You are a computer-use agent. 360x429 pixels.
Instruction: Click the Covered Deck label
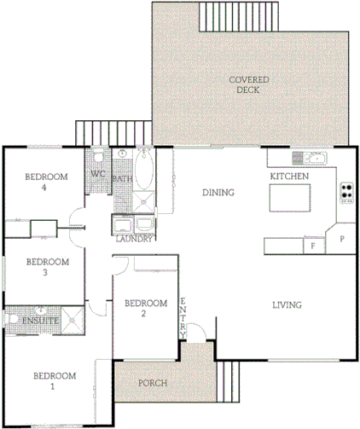249,84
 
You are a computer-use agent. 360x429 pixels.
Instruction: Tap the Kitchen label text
289,176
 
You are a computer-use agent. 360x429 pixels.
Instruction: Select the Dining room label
218,193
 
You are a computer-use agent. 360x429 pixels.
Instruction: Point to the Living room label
288,305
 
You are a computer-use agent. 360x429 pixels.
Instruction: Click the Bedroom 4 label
46,183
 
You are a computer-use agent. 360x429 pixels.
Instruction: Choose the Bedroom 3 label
46,267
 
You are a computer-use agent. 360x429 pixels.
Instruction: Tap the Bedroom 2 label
144,308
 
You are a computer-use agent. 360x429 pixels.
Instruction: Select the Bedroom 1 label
55,381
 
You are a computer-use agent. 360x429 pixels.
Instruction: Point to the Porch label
153,383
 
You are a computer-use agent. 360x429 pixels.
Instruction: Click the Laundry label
135,239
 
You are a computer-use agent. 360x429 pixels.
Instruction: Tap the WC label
98,175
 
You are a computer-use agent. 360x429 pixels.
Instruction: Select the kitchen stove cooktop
346,192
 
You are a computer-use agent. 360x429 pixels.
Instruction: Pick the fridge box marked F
313,246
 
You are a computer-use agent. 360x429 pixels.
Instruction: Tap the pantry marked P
343,239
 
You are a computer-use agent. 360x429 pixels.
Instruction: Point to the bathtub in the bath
144,170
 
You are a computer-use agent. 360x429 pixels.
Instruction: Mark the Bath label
122,180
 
